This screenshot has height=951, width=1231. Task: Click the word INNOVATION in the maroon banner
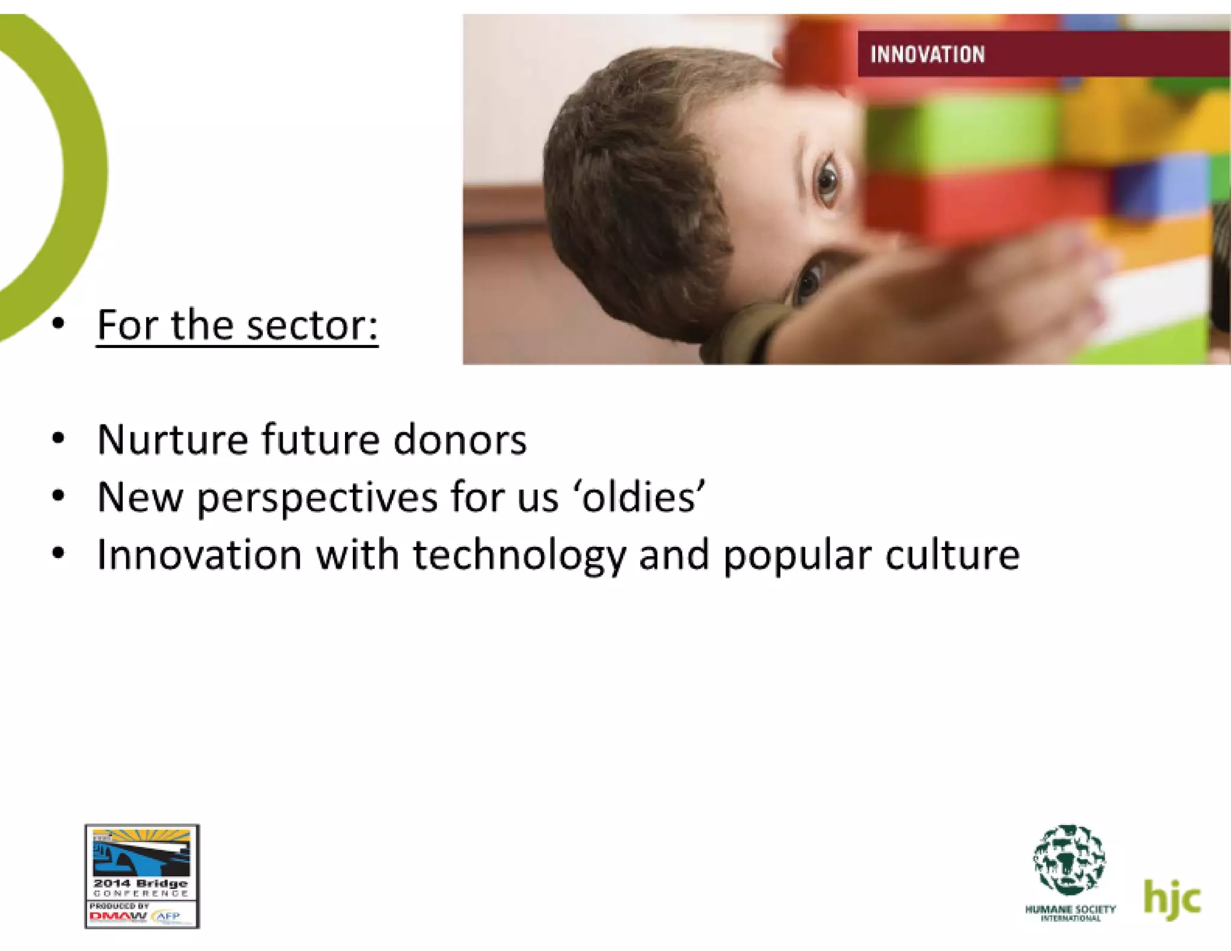[927, 55]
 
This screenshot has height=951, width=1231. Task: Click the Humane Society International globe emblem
[1069, 860]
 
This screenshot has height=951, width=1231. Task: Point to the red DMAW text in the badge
[118, 917]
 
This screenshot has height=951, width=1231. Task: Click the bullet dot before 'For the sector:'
[58, 324]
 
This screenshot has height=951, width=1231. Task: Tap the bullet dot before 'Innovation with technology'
[58, 553]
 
